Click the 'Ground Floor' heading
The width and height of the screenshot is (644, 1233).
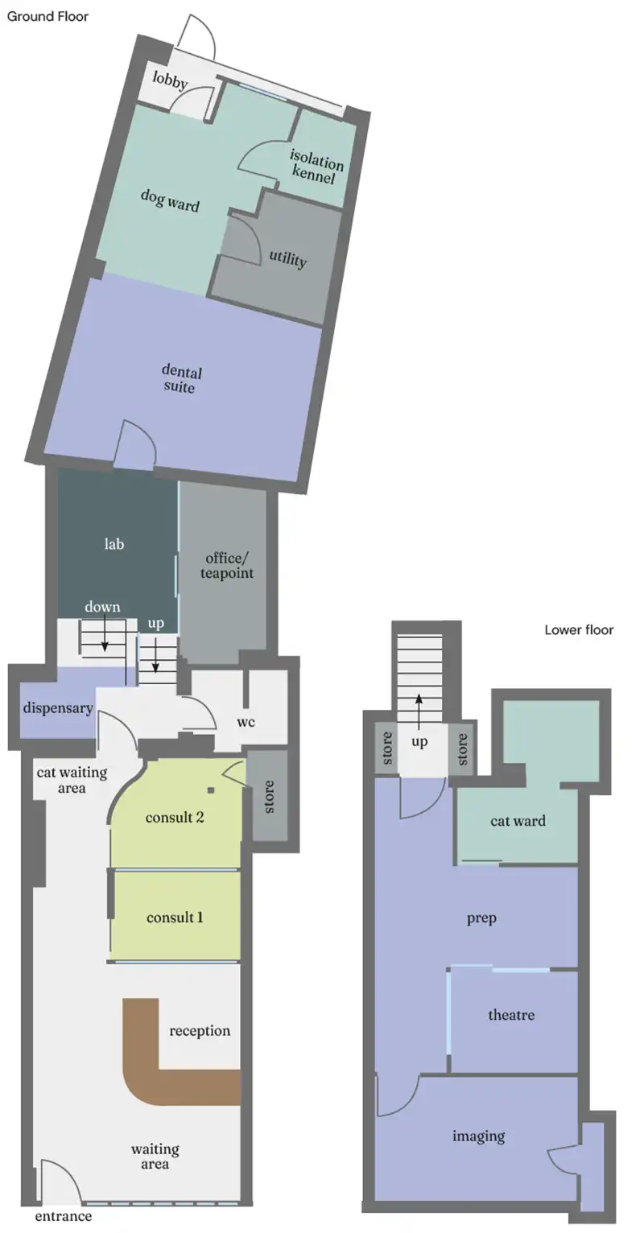[47, 17]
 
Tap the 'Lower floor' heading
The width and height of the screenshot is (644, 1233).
[579, 629]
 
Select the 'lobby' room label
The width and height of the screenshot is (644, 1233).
[170, 80]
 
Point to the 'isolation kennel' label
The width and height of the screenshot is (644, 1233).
[316, 167]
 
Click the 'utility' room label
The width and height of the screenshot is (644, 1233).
[288, 258]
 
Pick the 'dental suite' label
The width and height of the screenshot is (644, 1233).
[181, 379]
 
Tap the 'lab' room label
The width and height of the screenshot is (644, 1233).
[114, 544]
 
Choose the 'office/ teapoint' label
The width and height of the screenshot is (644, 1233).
[227, 565]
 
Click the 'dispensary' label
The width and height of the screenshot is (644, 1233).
[58, 708]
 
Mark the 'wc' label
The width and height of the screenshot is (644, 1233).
[246, 722]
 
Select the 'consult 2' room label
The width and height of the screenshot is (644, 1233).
[175, 818]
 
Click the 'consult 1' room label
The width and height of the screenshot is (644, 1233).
[175, 918]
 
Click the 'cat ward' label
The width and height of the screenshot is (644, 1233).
[518, 821]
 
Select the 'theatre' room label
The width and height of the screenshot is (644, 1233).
[511, 1014]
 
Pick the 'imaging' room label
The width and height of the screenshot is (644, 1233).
[478, 1136]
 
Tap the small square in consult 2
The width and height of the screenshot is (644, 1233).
[211, 790]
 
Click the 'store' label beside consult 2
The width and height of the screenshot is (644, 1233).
[269, 797]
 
